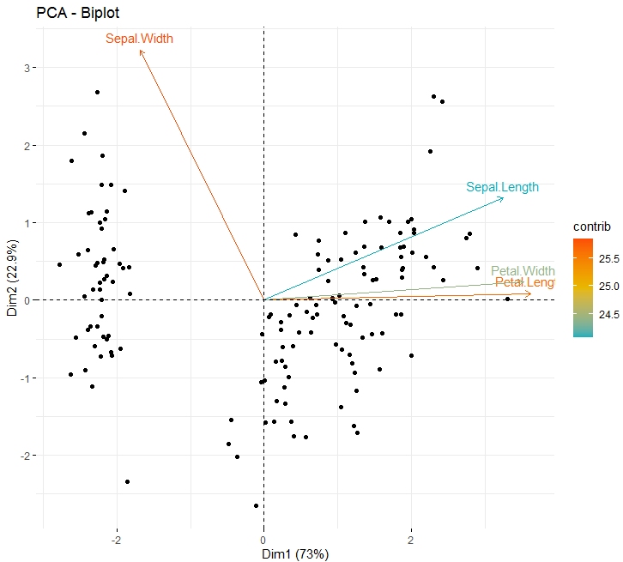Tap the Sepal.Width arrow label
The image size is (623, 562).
coord(139,39)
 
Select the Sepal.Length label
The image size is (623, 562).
coord(503,187)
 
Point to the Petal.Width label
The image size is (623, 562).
coord(523,271)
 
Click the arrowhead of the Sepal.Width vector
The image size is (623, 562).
coord(140,51)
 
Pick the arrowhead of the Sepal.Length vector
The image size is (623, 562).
coord(503,198)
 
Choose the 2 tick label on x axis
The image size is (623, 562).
coord(411,541)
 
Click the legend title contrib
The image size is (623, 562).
coord(591,227)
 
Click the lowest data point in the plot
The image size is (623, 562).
coord(256,506)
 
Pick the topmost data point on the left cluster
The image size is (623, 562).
coord(98,92)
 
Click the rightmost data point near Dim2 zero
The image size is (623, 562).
coord(507,299)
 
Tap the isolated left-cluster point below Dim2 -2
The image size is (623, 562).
coord(127,482)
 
